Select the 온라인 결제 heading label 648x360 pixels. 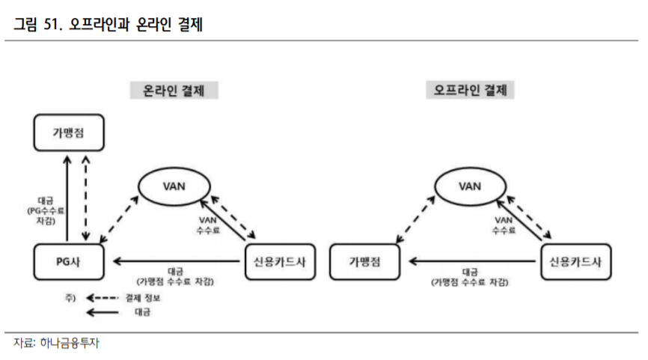pyautogui.click(x=174, y=91)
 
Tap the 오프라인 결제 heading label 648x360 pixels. pyautogui.click(x=471, y=91)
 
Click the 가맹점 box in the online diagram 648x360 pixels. pyautogui.click(x=68, y=131)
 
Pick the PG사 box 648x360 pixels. pyautogui.click(x=68, y=260)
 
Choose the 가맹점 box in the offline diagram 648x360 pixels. pyautogui.click(x=364, y=260)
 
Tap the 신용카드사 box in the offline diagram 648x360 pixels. pyautogui.click(x=575, y=260)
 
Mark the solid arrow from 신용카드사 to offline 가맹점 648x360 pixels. pyautogui.click(x=471, y=261)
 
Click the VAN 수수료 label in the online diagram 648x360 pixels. pyautogui.click(x=209, y=225)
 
